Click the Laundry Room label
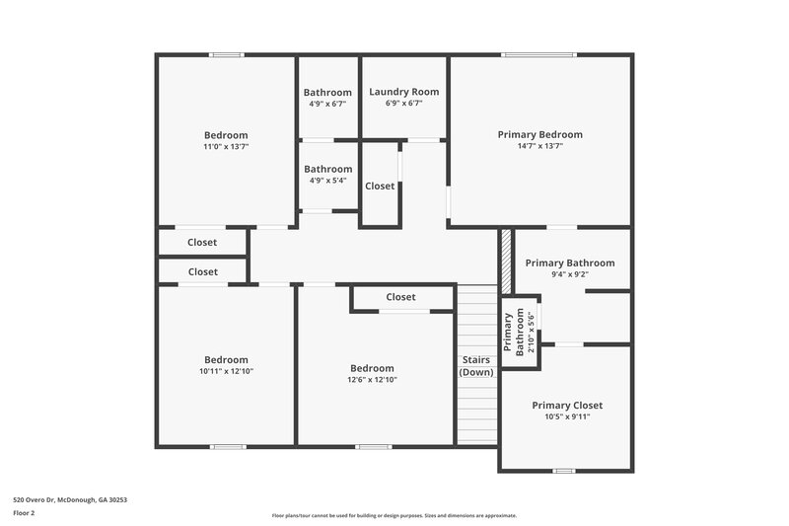(x=403, y=92)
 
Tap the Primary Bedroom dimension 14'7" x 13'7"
(x=539, y=146)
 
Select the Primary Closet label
(x=567, y=405)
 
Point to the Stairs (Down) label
(x=477, y=366)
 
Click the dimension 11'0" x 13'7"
(x=226, y=147)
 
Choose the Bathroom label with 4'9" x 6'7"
(x=327, y=92)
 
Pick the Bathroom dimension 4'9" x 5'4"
(x=327, y=181)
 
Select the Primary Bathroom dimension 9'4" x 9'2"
(x=569, y=274)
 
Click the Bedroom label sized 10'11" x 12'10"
(x=226, y=359)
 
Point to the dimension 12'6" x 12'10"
(x=372, y=380)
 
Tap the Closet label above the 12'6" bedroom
(x=400, y=297)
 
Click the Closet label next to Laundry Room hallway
(x=380, y=186)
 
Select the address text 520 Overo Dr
(x=69, y=499)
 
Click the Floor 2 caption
(x=24, y=513)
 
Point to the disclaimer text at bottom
(x=394, y=515)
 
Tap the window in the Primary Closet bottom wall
(x=563, y=471)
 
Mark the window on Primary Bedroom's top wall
(x=538, y=54)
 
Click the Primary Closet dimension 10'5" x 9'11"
(x=567, y=416)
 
